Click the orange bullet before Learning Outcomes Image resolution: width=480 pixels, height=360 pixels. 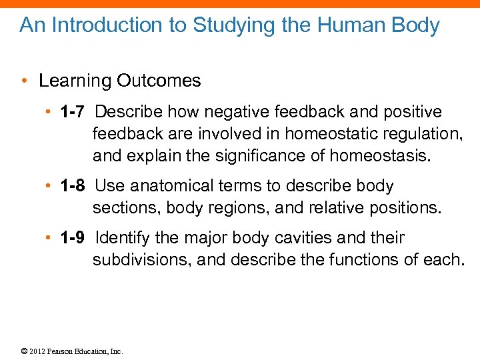pos(23,81)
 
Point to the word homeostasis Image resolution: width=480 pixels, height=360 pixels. pos(377,157)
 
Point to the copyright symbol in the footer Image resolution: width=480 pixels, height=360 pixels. pos(23,351)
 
